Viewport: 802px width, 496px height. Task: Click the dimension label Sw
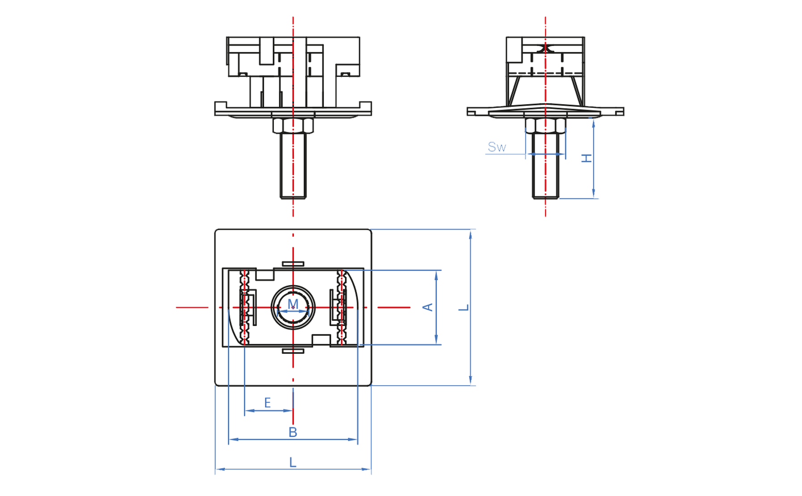click(x=496, y=147)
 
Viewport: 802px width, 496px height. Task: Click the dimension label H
click(x=587, y=158)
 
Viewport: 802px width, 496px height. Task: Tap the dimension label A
click(x=428, y=307)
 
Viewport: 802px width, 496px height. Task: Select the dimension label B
click(x=293, y=432)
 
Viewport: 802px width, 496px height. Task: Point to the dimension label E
click(x=267, y=403)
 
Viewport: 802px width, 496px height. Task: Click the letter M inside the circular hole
click(x=293, y=304)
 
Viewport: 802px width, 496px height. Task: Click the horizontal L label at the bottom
click(x=293, y=462)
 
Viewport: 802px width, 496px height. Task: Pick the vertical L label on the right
click(x=464, y=307)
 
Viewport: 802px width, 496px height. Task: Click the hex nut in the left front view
click(x=293, y=126)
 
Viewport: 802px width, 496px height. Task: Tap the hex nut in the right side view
click(x=546, y=126)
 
